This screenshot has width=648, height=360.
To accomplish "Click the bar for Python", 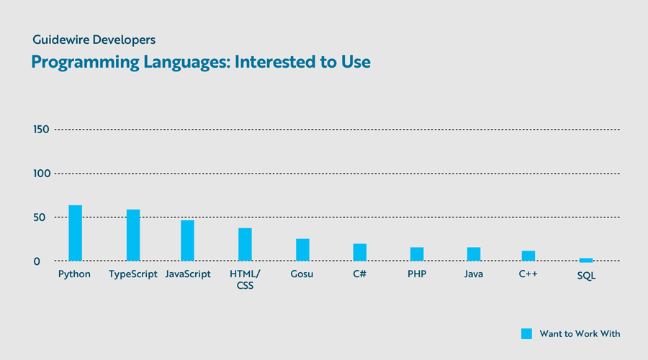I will coord(75,233).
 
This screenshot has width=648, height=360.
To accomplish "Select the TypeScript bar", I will coord(133,235).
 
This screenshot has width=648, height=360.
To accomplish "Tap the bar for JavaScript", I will coord(187,240).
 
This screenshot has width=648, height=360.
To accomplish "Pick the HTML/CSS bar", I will coord(245,245).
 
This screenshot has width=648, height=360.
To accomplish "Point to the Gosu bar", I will coord(302,250).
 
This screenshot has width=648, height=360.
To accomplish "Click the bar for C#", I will coord(360,253).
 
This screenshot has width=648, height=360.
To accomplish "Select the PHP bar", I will coord(417,254).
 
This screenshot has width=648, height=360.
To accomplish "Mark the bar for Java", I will coord(473,254).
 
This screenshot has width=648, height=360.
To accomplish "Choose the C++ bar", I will coord(528,256).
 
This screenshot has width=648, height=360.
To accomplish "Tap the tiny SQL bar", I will coord(586,259).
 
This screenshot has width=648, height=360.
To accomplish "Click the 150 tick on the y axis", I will coord(40,130).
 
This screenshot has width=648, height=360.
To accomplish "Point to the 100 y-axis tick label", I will coord(40,174).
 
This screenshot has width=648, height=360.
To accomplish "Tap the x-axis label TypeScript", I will coord(133,274).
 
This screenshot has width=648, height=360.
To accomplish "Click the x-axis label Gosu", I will coord(302,274).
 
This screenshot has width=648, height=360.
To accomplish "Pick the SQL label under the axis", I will coord(586,276).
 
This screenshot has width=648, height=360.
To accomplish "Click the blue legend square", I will coord(526,333).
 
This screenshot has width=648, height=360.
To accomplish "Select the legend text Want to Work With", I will coord(580,333).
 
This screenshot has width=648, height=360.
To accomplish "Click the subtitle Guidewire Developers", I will coord(94,40).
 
